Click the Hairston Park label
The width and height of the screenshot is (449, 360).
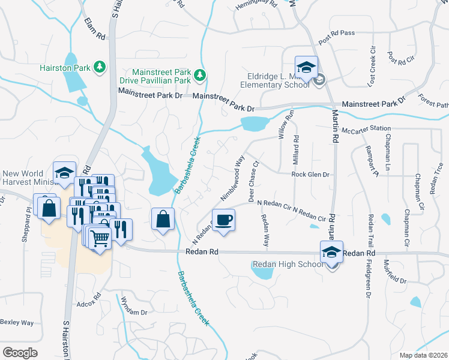coord(65,68)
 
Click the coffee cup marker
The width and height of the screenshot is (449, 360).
coord(223,220)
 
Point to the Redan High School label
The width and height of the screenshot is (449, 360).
coord(288,265)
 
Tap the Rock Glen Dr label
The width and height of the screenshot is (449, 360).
coord(311,175)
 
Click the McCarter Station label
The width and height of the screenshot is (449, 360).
coord(366,129)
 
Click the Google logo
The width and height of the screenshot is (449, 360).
coord(20,352)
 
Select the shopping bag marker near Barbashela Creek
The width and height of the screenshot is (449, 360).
coord(163,220)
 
